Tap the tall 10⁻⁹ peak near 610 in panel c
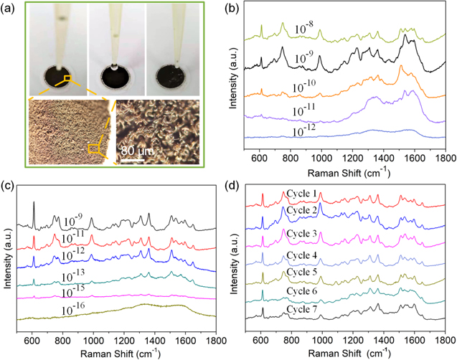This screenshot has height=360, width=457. [34, 204]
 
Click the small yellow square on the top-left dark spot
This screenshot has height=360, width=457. [67, 78]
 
